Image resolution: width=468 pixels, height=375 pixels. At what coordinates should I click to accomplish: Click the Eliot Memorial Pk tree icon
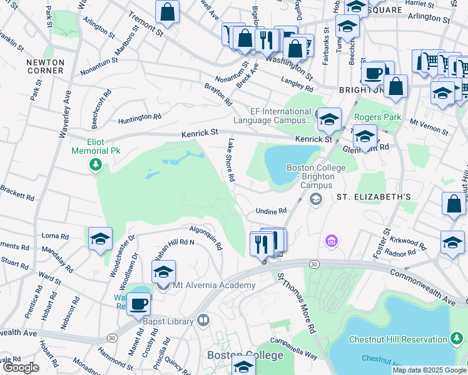click(x=96, y=164)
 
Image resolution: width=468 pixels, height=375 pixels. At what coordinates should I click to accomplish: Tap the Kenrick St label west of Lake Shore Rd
click(x=200, y=133)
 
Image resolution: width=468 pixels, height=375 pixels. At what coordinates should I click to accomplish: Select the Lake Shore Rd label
click(x=231, y=160)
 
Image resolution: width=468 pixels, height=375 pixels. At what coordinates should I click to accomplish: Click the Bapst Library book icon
click(x=203, y=321)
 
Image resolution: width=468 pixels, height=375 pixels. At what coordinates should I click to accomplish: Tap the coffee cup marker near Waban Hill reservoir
click(x=138, y=304)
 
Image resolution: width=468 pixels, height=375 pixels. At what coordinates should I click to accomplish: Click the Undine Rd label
click(x=271, y=211)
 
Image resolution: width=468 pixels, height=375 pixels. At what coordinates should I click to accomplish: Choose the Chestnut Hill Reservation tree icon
click(x=457, y=339)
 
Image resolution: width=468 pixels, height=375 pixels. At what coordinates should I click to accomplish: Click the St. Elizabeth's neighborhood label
click(x=374, y=197)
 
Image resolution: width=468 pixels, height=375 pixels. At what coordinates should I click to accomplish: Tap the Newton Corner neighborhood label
click(x=45, y=66)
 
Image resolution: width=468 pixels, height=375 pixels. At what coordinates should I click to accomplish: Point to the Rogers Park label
click(x=377, y=117)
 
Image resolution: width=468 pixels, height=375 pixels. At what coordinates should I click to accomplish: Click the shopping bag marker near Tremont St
click(x=168, y=11)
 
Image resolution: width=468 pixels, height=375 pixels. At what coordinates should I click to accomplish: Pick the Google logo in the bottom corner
click(x=21, y=367)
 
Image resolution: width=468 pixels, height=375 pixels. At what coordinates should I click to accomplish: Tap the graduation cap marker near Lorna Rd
click(x=100, y=239)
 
